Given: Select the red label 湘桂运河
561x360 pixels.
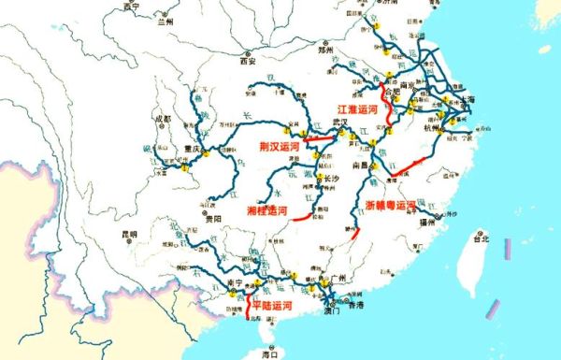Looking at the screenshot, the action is click(x=266, y=211).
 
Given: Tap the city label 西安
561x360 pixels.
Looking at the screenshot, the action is click(x=247, y=64).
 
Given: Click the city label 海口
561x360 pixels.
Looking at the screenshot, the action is click(x=270, y=354).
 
